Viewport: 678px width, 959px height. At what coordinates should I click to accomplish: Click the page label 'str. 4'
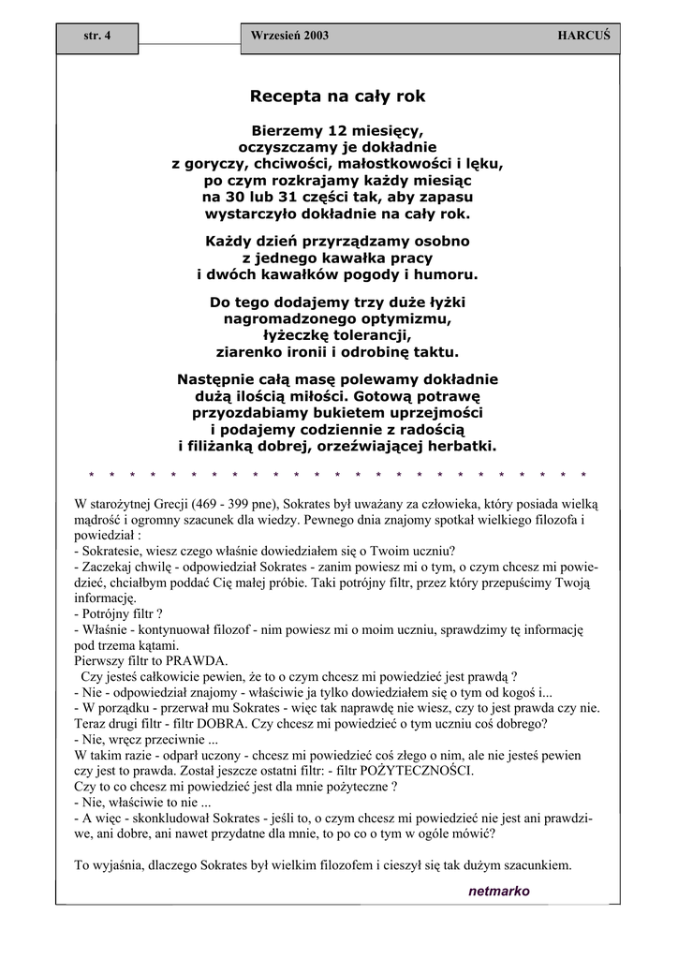click(x=96, y=36)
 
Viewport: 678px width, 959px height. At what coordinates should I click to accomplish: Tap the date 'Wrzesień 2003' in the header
click(x=289, y=36)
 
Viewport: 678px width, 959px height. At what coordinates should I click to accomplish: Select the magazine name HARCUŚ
click(x=583, y=36)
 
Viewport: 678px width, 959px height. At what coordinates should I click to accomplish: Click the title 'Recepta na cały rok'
click(x=337, y=96)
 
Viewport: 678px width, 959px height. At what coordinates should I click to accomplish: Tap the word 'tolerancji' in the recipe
click(x=372, y=336)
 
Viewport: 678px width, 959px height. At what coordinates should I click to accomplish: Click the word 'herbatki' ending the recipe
click(x=460, y=446)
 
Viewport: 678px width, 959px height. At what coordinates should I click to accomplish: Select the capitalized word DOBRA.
click(x=223, y=724)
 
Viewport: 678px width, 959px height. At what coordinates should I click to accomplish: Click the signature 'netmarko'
click(x=498, y=891)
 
